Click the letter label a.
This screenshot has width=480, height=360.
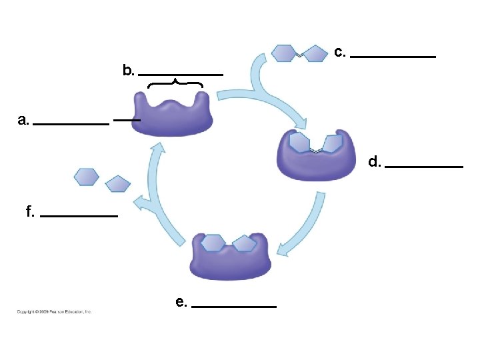pos(24,121)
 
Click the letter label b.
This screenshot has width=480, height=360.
pos(129,70)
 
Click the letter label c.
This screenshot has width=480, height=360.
pos(340,52)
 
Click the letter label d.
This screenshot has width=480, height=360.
pos(375,161)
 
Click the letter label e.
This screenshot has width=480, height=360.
pos(181,302)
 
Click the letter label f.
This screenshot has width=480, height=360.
pos(30,212)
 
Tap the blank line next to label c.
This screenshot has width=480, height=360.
pos(393,57)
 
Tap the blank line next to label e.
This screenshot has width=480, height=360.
pos(233,306)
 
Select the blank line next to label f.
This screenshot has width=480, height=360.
pos(79,216)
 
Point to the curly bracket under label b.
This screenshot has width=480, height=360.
pos(175,84)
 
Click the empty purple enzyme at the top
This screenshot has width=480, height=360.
pos(173,115)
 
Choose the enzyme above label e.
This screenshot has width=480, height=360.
pos(231,257)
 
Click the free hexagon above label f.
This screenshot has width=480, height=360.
pos(87,177)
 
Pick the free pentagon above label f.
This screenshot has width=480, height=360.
pos(118,183)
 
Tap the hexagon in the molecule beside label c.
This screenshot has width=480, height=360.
pos(284,53)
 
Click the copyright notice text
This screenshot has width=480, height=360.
pos(54,311)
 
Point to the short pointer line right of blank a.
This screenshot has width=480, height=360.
pos(127,119)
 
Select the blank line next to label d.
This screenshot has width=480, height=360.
pos(424,166)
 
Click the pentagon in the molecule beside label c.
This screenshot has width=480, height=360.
pos(315,53)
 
